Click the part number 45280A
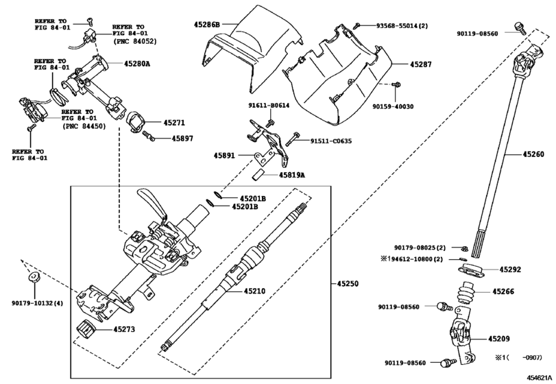click(137, 64)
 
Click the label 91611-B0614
click(268, 106)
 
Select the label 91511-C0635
click(330, 141)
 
